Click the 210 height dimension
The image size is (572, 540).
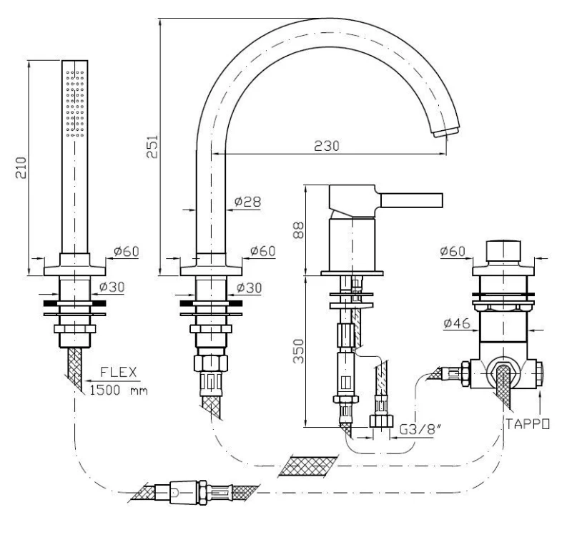click(x=21, y=167)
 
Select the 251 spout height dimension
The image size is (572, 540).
click(x=152, y=147)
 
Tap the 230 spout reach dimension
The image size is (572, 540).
click(x=327, y=146)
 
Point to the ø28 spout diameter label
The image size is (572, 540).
click(x=247, y=202)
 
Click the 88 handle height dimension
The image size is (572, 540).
click(x=298, y=230)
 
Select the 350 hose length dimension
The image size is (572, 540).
click(x=299, y=351)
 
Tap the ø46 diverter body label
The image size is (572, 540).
click(x=457, y=323)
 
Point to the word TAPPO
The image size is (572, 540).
click(x=527, y=424)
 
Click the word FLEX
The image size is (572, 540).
click(x=119, y=372)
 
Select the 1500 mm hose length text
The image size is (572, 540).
click(x=119, y=390)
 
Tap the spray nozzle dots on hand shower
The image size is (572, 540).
click(x=75, y=104)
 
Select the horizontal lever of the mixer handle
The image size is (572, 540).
click(x=412, y=200)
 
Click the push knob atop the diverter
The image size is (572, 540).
click(x=503, y=251)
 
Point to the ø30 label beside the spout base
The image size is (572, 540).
click(x=249, y=288)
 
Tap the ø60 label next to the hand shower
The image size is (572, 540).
click(x=127, y=251)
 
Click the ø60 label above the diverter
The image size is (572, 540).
click(x=453, y=251)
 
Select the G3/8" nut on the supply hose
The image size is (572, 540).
click(x=381, y=421)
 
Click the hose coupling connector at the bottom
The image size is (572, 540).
click(x=193, y=493)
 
